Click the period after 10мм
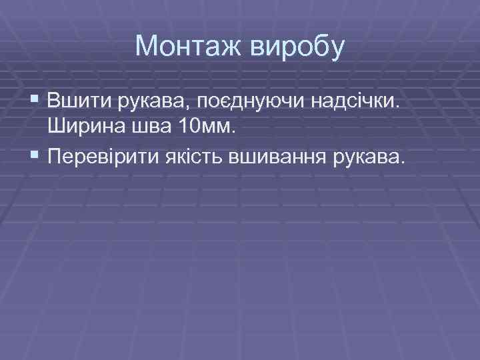pos(233,131)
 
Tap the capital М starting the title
pos(146,46)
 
